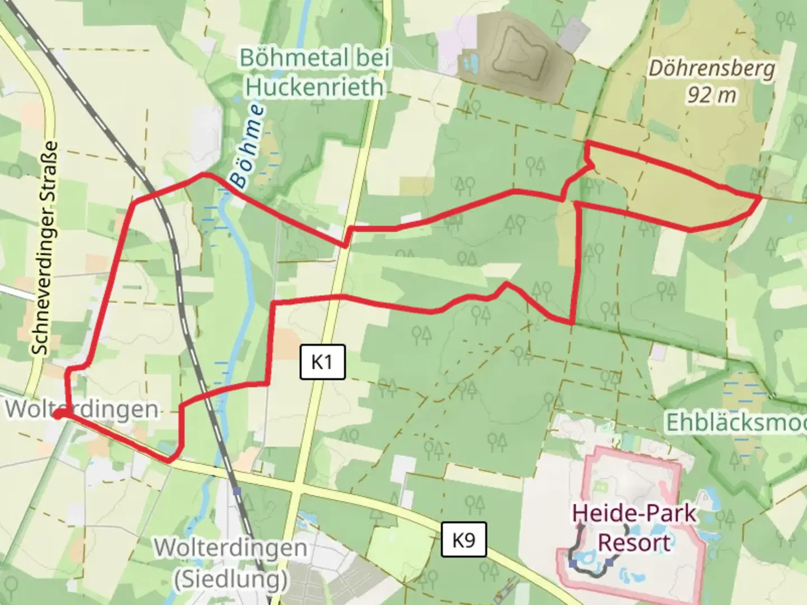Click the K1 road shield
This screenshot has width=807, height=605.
[x=322, y=362]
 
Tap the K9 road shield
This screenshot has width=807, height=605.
[x=463, y=540]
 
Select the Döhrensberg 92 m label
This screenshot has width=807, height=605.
[x=712, y=82]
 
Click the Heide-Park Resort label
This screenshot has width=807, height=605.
[x=634, y=528]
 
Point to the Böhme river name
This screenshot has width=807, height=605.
[x=247, y=146]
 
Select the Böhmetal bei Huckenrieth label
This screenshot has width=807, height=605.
[x=314, y=72]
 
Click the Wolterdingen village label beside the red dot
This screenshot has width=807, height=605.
[x=82, y=409]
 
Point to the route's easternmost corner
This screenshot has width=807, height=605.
[x=760, y=198]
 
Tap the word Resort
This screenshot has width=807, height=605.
[x=634, y=543]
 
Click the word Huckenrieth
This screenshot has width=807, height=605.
[x=314, y=87]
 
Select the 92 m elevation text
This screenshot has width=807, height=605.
[x=712, y=95]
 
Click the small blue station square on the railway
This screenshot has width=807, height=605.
[x=237, y=491]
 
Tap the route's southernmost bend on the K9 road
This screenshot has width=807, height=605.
[x=169, y=460]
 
